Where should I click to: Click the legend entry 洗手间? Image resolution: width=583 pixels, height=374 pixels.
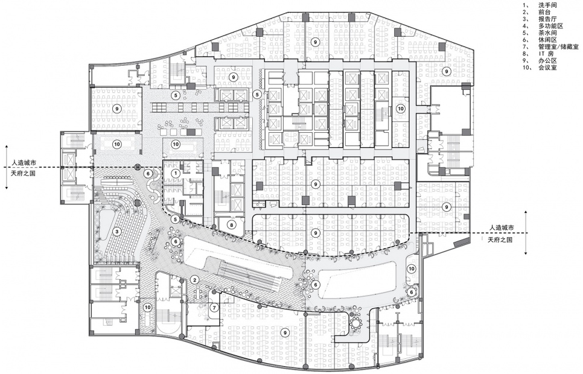[548, 5]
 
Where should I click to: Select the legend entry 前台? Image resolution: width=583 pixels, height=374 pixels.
[544, 12]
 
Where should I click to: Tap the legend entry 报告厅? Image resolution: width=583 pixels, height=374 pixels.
[548, 19]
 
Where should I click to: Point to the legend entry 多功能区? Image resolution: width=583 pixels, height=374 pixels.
[551, 26]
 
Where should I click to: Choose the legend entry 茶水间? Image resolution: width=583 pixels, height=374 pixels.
[548, 33]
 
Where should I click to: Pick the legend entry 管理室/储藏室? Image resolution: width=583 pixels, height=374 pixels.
[559, 47]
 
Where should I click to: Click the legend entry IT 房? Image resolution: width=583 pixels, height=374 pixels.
[547, 54]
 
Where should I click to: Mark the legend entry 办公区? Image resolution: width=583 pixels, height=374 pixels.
[548, 61]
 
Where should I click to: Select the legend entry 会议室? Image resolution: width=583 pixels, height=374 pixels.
[548, 68]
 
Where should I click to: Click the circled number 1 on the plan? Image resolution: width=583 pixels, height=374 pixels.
[176, 173]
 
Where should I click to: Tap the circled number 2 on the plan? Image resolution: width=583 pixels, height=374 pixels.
[195, 279]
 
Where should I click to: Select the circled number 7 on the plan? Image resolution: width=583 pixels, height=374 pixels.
[214, 308]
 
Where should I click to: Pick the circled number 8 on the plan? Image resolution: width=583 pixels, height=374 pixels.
[231, 224]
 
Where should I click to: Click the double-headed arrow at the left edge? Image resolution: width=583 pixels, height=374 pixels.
[5, 167]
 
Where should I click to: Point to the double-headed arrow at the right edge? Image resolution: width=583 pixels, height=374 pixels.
[527, 233]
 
